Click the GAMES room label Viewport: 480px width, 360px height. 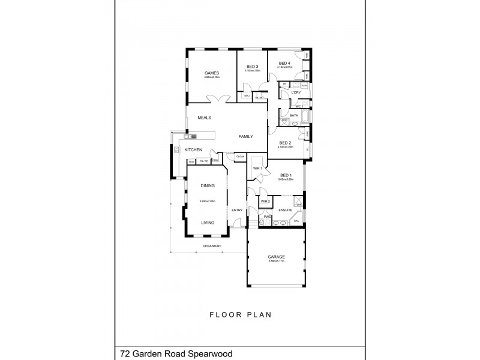pyautogui.click(x=211, y=73)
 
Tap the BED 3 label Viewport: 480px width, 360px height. pyautogui.click(x=252, y=67)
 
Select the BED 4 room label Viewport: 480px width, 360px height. pyautogui.click(x=284, y=64)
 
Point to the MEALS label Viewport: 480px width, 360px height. pyautogui.click(x=205, y=118)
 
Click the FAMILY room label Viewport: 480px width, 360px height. pyautogui.click(x=245, y=137)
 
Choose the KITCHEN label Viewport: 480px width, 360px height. pyautogui.click(x=193, y=149)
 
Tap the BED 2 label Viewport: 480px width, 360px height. pyautogui.click(x=285, y=142)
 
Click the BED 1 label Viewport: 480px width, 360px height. pyautogui.click(x=284, y=175)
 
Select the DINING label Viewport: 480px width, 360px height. pyautogui.click(x=208, y=186)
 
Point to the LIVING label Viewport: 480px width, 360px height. pyautogui.click(x=208, y=223)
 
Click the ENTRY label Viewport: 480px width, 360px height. pyautogui.click(x=237, y=209)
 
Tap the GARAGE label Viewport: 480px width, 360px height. pyautogui.click(x=276, y=257)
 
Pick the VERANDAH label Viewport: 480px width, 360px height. pyautogui.click(x=211, y=247)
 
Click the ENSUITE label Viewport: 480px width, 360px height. pyautogui.click(x=285, y=209)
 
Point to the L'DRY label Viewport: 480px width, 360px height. pyautogui.click(x=295, y=93)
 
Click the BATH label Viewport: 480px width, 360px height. pyautogui.click(x=294, y=115)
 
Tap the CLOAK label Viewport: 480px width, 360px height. pyautogui.click(x=240, y=157)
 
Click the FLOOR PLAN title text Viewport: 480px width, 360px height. pyautogui.click(x=239, y=314)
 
